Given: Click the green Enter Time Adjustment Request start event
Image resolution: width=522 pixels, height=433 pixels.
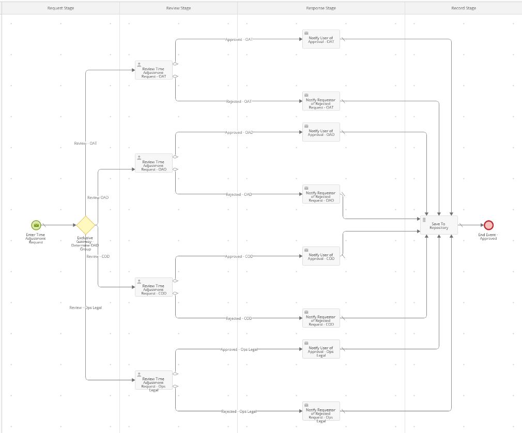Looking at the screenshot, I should click(x=36, y=225).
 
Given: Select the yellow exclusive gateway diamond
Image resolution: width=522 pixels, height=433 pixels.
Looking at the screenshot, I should click(x=85, y=225).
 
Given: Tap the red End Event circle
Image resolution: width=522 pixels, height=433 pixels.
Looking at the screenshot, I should click(x=488, y=225).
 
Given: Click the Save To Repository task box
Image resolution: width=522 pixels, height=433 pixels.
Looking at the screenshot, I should click(x=439, y=225).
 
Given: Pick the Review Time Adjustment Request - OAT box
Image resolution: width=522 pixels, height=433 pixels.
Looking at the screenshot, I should click(x=153, y=70).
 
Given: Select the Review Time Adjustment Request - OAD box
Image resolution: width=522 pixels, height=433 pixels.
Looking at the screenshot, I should click(x=153, y=163).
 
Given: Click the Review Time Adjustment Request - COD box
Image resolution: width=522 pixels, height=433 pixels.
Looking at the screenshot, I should click(x=153, y=287).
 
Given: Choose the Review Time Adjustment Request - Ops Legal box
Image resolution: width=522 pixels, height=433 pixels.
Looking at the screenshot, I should click(x=153, y=380).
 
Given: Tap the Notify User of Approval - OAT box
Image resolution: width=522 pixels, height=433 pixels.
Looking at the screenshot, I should click(x=321, y=39).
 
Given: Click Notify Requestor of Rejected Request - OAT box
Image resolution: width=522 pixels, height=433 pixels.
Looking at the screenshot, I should click(x=321, y=101).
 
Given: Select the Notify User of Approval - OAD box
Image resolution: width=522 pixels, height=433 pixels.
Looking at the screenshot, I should click(x=321, y=132).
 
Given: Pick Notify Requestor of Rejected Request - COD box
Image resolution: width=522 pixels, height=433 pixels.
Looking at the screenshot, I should click(x=321, y=318).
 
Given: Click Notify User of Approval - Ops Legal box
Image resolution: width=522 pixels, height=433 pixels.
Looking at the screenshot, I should click(x=321, y=349).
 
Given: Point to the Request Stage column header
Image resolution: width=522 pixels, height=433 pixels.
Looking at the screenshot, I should click(x=60, y=8).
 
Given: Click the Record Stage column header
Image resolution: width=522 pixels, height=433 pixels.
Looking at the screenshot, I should click(x=464, y=8).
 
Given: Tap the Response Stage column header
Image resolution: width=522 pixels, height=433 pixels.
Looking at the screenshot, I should click(x=321, y=8).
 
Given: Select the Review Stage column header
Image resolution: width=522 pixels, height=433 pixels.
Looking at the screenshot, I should click(x=178, y=8).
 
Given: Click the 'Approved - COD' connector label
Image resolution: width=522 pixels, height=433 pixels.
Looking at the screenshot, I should click(x=239, y=256).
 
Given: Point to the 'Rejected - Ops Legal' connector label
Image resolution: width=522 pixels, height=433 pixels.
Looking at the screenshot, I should click(x=239, y=411).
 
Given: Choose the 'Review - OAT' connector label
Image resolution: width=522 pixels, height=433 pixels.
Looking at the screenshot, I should click(x=85, y=143).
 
